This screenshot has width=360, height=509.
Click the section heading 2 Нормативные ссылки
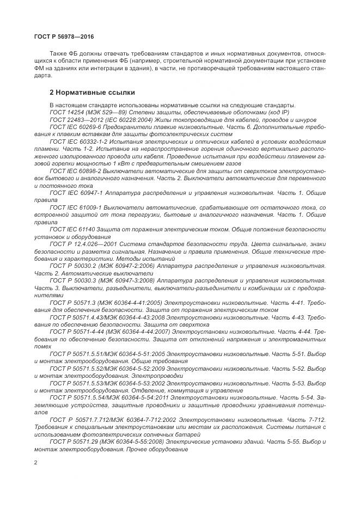(x=93, y=93)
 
